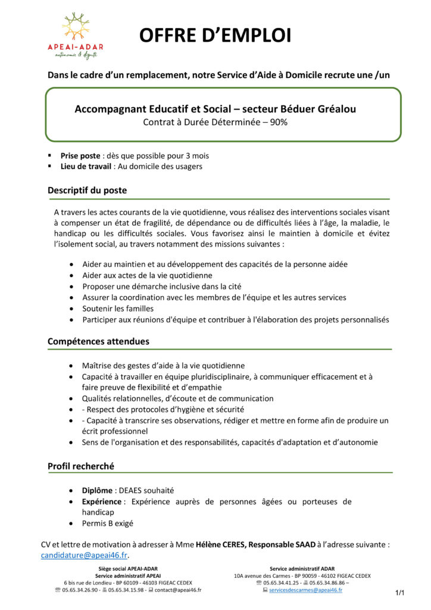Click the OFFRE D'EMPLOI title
[x=215, y=36]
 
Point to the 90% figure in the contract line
[x=277, y=123]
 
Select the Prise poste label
[x=80, y=155]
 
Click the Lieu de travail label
[x=87, y=166]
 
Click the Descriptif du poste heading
[x=87, y=191]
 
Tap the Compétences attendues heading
[x=98, y=341]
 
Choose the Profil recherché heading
[x=81, y=466]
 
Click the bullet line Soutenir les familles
[x=118, y=309]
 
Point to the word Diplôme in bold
[x=97, y=490]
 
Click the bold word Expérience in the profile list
[x=101, y=502]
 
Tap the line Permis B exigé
[x=108, y=524]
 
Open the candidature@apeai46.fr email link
[x=84, y=555]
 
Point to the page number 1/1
[x=399, y=593]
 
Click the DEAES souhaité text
[x=146, y=490]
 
